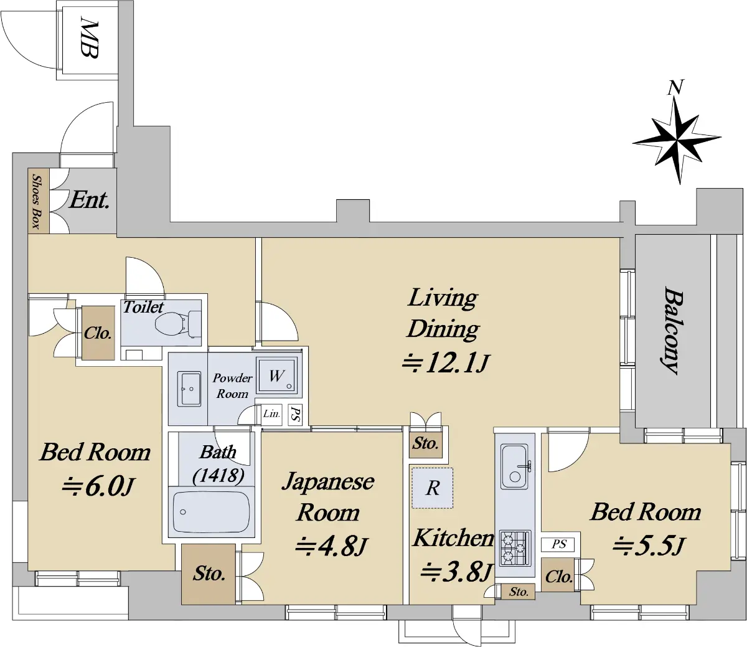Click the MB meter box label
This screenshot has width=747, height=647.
[89, 39]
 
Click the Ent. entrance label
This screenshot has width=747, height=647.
[89, 200]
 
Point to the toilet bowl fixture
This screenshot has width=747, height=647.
[178, 323]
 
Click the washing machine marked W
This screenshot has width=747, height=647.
[276, 375]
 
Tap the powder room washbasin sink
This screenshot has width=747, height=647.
[189, 389]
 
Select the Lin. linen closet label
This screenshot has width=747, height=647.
[271, 413]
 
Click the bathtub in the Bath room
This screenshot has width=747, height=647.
[211, 512]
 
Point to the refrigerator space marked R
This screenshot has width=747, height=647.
[432, 488]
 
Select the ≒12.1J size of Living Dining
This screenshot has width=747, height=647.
[446, 364]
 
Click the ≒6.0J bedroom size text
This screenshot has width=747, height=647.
[98, 487]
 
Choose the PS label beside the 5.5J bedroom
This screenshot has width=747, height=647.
[558, 543]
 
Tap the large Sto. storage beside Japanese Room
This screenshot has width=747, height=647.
[209, 574]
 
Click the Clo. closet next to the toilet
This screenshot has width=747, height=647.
[98, 333]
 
